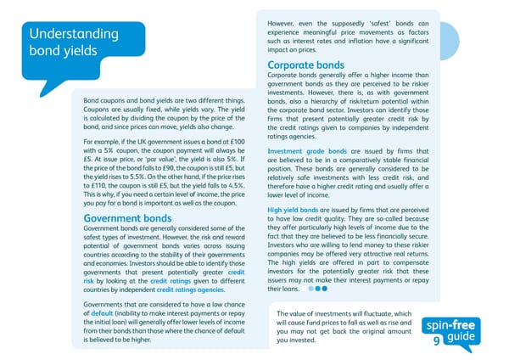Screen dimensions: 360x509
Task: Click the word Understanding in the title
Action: pyautogui.click(x=73, y=34)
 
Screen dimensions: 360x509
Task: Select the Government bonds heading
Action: pyautogui.click(x=127, y=218)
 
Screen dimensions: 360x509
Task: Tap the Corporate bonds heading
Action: pyautogui.click(x=305, y=65)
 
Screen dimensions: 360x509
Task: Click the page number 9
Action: pyautogui.click(x=436, y=340)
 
